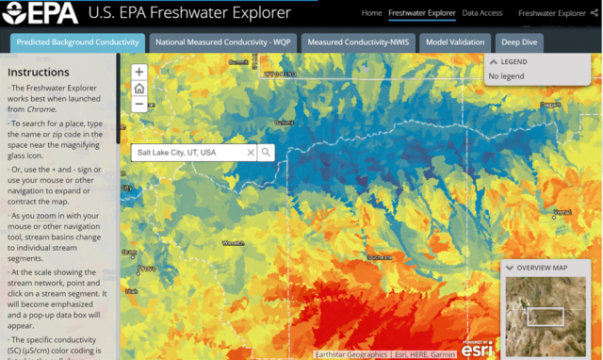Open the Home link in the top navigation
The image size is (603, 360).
(x=371, y=13)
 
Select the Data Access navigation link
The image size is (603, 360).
(x=482, y=13)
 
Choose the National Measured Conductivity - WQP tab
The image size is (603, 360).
(x=223, y=42)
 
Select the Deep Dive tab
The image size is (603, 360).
(x=520, y=42)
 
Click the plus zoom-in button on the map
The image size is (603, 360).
(x=139, y=73)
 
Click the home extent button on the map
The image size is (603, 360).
(x=139, y=89)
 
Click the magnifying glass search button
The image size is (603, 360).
(x=267, y=152)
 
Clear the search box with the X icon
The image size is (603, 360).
(x=251, y=152)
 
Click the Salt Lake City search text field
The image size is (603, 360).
(x=188, y=152)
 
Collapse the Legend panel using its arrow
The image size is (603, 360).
(x=493, y=62)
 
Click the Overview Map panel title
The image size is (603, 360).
(x=542, y=268)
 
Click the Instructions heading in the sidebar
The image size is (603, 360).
(x=38, y=73)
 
